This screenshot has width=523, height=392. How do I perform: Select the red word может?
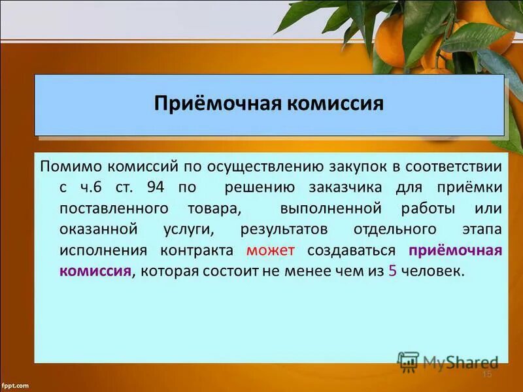(x=271, y=251)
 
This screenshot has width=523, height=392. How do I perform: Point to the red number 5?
(x=392, y=272)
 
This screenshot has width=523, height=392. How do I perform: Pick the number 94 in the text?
(x=156, y=188)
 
